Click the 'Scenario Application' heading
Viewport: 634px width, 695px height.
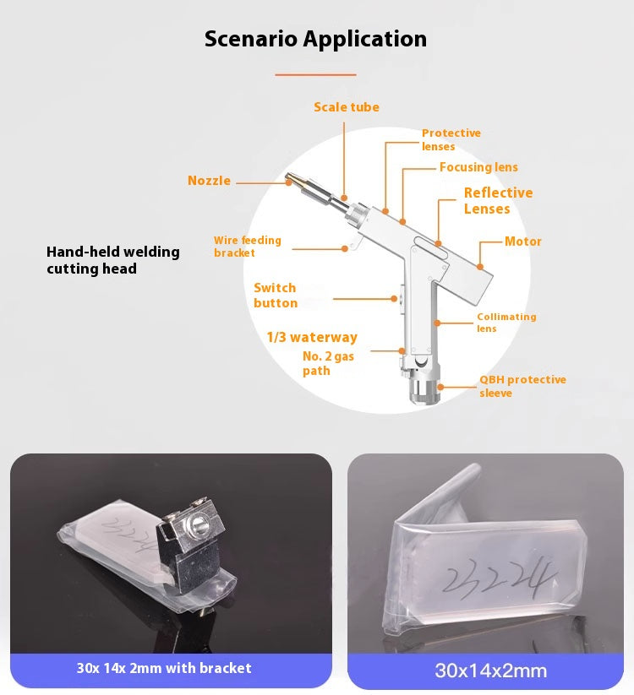tap(315, 39)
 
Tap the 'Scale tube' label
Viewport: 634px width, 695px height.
tap(346, 107)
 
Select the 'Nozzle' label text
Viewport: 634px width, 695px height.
tap(209, 181)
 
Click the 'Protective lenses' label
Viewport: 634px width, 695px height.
tap(451, 139)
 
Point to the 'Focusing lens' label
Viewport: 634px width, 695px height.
tap(478, 167)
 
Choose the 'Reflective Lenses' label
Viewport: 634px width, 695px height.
tap(498, 200)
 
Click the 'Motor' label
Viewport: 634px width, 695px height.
tap(522, 242)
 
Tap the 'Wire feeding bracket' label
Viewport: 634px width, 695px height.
tap(247, 247)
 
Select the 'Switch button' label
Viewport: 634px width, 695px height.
tap(276, 296)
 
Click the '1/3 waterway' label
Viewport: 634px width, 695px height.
tap(312, 337)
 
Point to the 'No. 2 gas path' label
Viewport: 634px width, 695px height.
tap(328, 363)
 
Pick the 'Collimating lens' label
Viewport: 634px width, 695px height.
tap(506, 322)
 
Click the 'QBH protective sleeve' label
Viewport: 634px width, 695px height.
tap(522, 386)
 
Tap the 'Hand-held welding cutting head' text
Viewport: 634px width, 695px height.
tap(112, 260)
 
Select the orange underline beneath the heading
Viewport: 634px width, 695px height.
tap(315, 74)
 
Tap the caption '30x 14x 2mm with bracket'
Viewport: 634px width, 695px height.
tap(164, 668)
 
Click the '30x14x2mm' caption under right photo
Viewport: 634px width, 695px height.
tap(490, 671)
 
